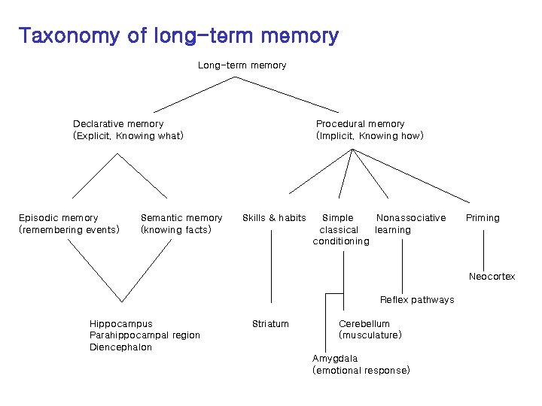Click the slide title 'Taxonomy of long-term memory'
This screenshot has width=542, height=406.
tap(178, 35)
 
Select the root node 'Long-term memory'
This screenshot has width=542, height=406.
tap(242, 65)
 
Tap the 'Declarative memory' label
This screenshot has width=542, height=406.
tap(118, 123)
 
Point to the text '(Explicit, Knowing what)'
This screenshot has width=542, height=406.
tap(128, 136)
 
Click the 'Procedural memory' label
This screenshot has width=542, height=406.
tap(360, 123)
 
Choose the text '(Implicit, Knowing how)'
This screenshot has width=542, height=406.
tap(370, 136)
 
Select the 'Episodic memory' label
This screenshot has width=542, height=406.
tap(58, 218)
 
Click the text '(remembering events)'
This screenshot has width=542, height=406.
tap(69, 229)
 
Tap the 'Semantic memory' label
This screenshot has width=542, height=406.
tap(181, 218)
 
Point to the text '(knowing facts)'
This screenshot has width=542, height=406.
tap(176, 229)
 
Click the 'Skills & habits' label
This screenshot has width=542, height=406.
tap(274, 218)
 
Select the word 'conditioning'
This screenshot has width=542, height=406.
tap(341, 241)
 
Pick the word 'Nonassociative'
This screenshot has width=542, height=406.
tap(411, 218)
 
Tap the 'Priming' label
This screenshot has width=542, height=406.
tap(483, 218)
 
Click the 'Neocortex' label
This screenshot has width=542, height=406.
tap(492, 277)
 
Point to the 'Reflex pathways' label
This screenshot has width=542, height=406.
tap(417, 300)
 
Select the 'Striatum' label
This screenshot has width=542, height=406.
tap(270, 324)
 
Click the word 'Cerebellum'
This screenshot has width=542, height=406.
tap(364, 324)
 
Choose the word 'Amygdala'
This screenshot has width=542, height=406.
tap(335, 359)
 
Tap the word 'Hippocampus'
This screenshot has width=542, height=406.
tap(120, 324)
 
